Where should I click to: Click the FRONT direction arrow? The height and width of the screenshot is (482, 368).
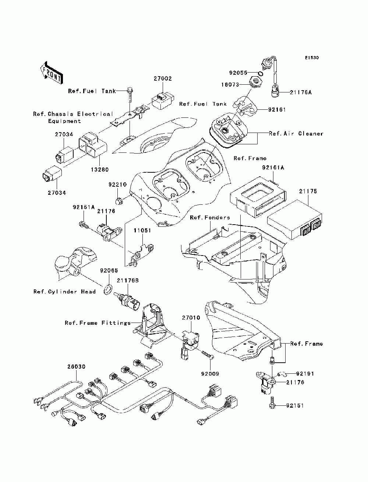point(52,73)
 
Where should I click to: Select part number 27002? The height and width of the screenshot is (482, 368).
point(163,78)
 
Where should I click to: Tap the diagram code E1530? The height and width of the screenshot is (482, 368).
point(312,57)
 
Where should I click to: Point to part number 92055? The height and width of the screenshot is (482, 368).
point(238,73)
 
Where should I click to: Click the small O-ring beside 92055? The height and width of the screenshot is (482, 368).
point(261,73)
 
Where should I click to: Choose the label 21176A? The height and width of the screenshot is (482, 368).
point(300,92)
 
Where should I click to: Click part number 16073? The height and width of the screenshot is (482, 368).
point(230,85)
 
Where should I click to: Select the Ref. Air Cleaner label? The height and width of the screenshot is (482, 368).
point(296,134)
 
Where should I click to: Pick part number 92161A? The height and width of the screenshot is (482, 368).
point(273,168)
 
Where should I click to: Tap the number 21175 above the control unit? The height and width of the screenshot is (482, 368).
point(308,191)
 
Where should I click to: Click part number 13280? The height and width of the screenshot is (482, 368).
point(100,169)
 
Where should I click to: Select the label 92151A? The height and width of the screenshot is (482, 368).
point(84,207)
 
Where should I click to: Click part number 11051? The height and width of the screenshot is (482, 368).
point(142,231)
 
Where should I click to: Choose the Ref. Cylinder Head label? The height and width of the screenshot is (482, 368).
point(64,292)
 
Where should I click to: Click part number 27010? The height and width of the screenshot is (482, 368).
point(191,317)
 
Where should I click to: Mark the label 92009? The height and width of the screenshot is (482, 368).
point(210,374)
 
